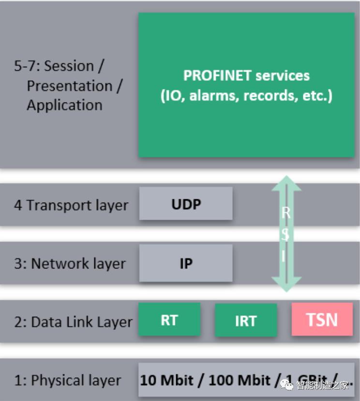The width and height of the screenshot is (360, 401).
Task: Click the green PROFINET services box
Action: (246, 85)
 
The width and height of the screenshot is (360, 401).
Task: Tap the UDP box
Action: (186, 204)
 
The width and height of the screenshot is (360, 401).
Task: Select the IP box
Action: (186, 263)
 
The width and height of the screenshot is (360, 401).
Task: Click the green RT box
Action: (169, 320)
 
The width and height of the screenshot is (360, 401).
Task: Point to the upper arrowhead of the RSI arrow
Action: (286, 183)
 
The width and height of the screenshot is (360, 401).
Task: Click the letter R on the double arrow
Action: (286, 213)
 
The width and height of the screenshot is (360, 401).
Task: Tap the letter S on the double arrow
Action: (286, 234)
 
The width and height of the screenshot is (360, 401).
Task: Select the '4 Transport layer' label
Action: (71, 205)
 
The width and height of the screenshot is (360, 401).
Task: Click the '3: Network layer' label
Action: (70, 264)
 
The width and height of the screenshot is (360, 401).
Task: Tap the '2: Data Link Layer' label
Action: (73, 322)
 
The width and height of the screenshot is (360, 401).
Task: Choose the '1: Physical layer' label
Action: (67, 381)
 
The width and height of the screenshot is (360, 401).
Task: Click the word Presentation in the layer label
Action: (70, 86)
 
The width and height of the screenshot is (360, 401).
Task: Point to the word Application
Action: (64, 105)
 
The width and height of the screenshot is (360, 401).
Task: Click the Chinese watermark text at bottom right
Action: (322, 385)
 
